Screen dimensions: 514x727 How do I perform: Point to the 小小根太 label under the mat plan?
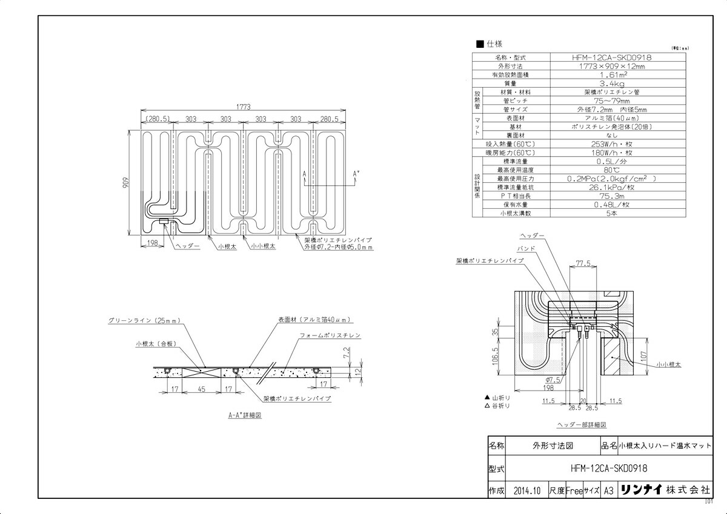click(263, 247)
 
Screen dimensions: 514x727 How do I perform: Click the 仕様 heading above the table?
click(494, 44)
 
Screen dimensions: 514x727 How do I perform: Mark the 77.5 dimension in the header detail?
click(583, 264)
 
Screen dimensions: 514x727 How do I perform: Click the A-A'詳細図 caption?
click(244, 416)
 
